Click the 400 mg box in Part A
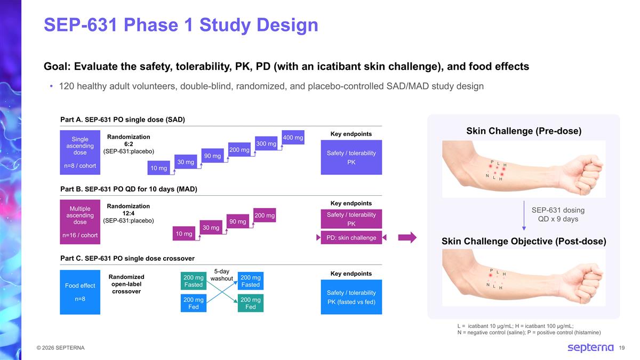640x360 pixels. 293,138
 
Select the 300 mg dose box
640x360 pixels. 266,143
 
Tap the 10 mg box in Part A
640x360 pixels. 159,169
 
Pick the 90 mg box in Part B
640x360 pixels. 238,221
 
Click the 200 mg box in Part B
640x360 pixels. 265,215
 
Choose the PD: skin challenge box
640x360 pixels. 351,238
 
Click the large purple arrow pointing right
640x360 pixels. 407,238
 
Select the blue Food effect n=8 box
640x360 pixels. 80,292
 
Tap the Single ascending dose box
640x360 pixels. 80,153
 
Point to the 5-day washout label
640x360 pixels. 222,275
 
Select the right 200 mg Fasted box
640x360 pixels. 250,281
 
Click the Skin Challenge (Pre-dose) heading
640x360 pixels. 524,131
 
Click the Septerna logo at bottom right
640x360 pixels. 590,348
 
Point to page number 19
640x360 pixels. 622,348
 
